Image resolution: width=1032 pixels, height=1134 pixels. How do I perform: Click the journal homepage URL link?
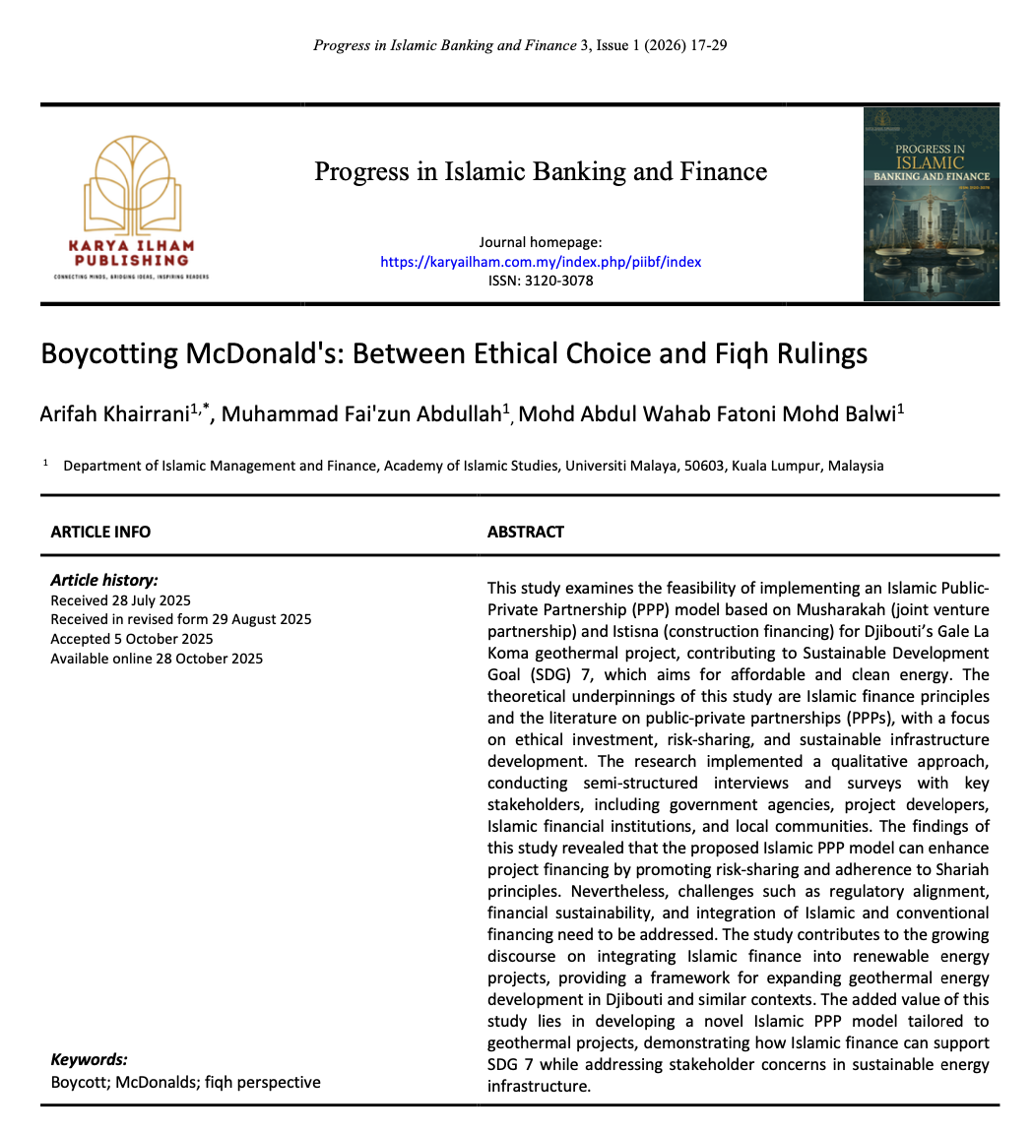click(541, 262)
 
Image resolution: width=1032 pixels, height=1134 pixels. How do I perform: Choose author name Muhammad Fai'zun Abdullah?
click(360, 414)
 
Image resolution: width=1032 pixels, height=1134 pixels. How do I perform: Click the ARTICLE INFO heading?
click(100, 532)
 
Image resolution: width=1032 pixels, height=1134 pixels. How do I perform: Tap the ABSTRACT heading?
click(526, 532)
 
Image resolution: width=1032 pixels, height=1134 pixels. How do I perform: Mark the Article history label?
click(104, 581)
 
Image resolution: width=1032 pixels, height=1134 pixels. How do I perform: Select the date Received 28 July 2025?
click(121, 600)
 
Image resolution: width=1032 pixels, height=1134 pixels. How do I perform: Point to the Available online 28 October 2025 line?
click(157, 659)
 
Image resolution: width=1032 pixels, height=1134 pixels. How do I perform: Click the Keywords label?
click(90, 1060)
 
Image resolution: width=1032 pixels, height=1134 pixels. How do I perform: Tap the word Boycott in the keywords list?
click(79, 1082)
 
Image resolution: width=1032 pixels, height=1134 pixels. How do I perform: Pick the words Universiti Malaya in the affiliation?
click(619, 466)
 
